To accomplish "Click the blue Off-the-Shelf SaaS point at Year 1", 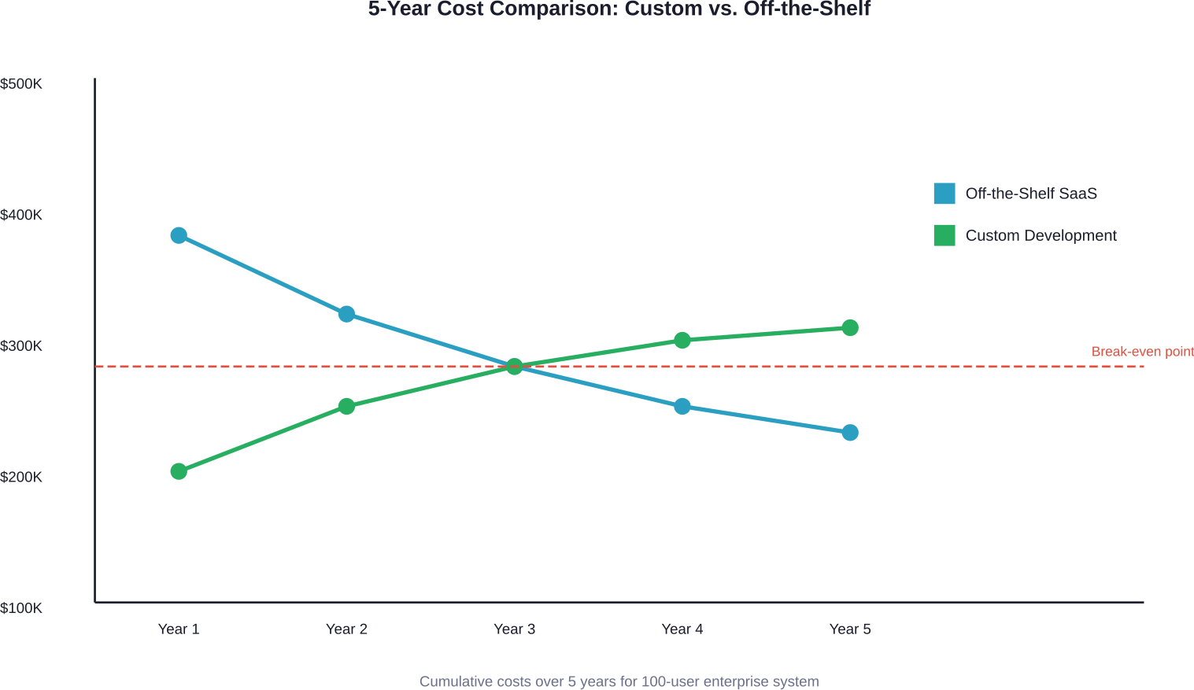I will point(179,235).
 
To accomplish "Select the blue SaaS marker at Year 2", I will point(346,314).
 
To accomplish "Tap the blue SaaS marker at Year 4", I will point(682,406).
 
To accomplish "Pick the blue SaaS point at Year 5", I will point(850,433).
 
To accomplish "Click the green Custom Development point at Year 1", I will point(179,471).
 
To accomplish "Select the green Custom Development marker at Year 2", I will point(346,406).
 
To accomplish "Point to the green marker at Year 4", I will point(682,340).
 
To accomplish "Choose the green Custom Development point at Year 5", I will point(850,327).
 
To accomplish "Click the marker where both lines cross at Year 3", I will point(514,367).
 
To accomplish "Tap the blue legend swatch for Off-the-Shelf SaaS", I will point(944,194).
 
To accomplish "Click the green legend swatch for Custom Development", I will point(944,235).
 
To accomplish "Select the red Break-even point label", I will point(1142,352).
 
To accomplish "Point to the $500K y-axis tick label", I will point(21,83).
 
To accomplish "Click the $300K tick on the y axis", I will point(21,346).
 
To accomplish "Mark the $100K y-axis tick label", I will point(21,608).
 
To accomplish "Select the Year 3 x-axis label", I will point(514,629).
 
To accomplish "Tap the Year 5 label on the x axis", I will point(850,629).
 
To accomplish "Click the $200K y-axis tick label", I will point(21,477).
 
